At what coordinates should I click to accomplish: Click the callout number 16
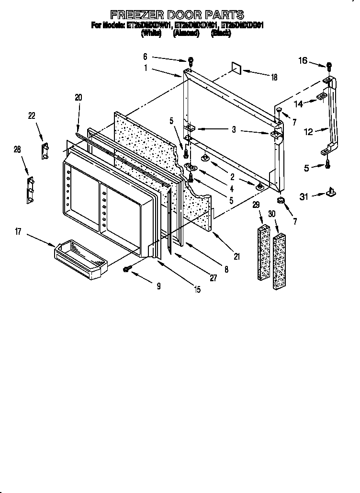coord(303,60)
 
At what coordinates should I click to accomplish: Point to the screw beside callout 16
coord(329,67)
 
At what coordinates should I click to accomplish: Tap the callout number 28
coord(17,150)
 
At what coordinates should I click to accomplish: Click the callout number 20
coord(79,97)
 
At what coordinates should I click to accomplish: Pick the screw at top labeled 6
coord(191,61)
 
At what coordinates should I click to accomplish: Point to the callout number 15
coord(197,289)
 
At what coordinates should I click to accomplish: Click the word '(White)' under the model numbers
coord(151,34)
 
